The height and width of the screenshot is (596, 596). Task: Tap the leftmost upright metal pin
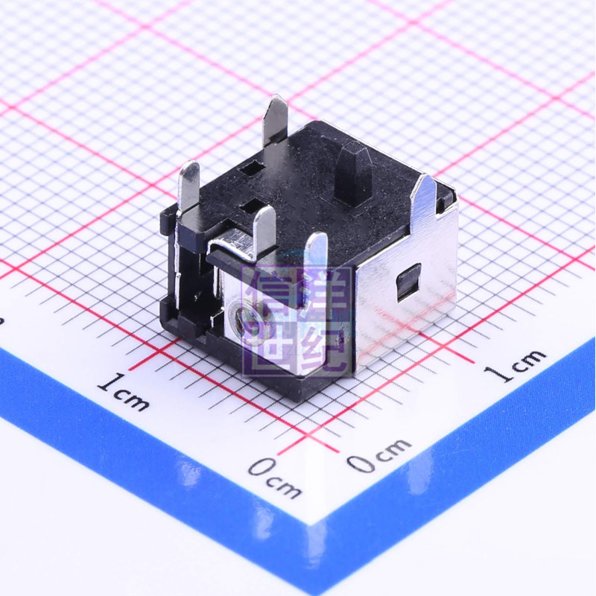pos(188,186)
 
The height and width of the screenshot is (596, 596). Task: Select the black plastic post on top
pos(353,173)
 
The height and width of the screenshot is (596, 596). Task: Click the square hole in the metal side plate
pos(408,282)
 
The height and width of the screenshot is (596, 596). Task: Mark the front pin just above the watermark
pos(316,257)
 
